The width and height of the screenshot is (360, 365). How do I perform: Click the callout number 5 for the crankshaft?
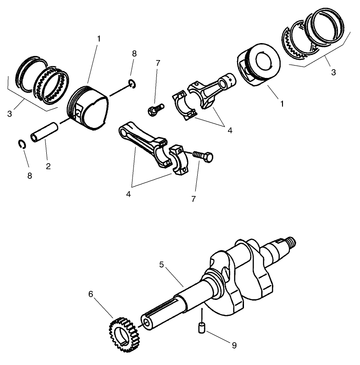click(161, 265)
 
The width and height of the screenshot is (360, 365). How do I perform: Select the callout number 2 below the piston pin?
click(48, 166)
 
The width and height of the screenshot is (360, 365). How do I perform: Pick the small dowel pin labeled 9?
click(200, 328)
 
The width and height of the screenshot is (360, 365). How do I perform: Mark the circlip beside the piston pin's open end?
click(21, 144)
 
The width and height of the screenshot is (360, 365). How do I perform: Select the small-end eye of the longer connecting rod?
click(125, 131)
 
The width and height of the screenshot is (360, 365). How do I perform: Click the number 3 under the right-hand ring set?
click(333, 72)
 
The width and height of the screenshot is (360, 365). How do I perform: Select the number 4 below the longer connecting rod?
click(129, 194)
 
